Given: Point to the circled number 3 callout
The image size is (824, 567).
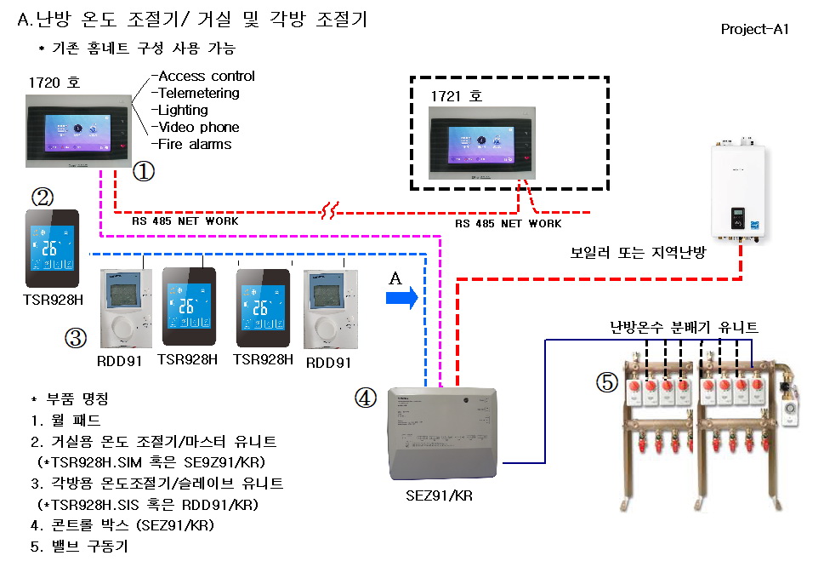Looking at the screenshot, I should [x=76, y=338].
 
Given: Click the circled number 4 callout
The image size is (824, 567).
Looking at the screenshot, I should [x=366, y=398].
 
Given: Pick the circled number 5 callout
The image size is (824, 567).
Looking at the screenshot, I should [x=606, y=384].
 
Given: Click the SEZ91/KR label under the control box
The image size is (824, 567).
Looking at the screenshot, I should [x=440, y=495].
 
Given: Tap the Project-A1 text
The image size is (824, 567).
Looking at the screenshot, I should [x=755, y=29].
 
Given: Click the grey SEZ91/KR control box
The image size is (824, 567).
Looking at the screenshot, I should [x=441, y=435].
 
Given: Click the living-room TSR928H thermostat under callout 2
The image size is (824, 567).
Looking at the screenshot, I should [x=52, y=248].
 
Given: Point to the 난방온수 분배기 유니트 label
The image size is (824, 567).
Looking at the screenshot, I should [x=684, y=326].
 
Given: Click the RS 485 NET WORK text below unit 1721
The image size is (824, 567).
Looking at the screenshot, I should [x=508, y=224].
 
